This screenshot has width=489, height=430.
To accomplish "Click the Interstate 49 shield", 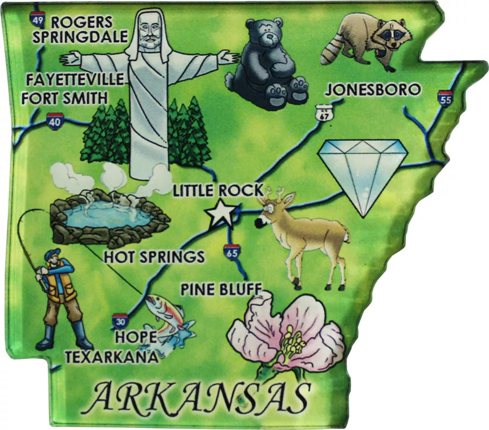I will point(38,19).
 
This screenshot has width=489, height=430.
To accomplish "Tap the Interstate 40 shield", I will point(55,120).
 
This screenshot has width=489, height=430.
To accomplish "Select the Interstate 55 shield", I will point(445,98).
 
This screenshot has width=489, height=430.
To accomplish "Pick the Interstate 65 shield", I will point(232,252).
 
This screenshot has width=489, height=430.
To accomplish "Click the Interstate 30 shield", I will point(120,321).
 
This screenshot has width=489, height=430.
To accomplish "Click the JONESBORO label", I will point(373,90).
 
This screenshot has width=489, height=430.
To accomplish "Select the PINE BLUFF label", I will point(221,289).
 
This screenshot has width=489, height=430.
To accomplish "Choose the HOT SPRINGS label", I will point(154,257).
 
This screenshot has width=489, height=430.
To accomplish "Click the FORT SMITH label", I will point(64,98).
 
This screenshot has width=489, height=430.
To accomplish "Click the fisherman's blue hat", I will point(52,254).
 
